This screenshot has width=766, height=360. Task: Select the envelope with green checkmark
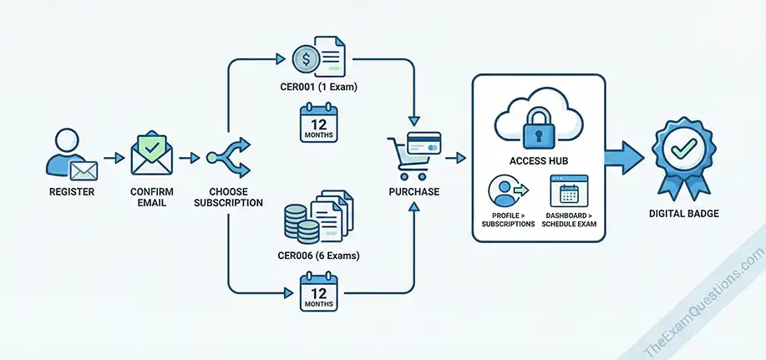tap(151, 156)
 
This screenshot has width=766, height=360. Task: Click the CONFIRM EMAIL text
tap(151, 197)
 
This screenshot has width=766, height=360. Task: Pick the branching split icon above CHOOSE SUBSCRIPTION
tap(228, 156)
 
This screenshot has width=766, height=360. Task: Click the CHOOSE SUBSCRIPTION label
tap(228, 197)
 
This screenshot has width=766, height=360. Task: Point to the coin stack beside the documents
tap(302, 223)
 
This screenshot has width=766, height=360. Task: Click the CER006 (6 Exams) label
tap(318, 256)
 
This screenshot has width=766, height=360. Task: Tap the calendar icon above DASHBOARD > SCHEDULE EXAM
tap(569, 191)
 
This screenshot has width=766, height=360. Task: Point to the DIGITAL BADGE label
tap(683, 214)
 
